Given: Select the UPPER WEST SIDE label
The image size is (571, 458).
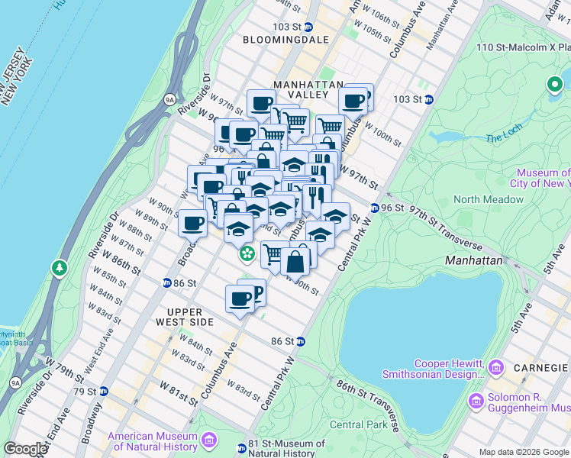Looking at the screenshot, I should point(185,318).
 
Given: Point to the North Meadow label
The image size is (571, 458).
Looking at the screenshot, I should point(489,200).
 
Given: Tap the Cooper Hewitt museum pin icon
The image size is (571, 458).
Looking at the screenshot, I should point(496,369).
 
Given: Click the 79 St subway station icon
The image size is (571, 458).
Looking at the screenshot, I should point(105,392).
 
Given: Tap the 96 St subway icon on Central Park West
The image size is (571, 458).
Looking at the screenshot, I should point(376,208).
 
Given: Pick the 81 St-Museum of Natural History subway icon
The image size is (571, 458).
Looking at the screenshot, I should point(241,448).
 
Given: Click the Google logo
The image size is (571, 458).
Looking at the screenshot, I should point(24,448).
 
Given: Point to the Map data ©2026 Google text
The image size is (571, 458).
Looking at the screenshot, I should point(524,452).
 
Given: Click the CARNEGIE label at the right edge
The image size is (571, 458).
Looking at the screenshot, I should point(545,367).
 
